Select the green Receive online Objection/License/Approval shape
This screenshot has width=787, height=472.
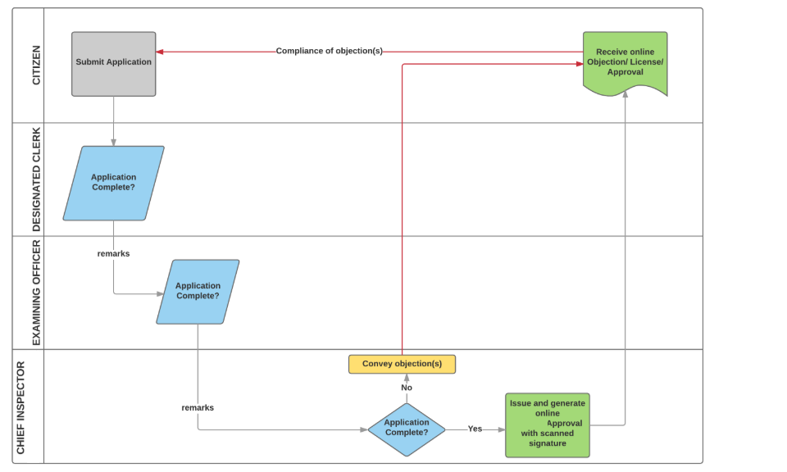pos(625,62)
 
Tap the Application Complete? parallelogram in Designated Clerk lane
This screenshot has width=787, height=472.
pos(113,183)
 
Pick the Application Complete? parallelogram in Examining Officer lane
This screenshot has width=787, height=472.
pos(198,291)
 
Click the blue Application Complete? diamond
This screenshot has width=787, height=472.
pos(407,429)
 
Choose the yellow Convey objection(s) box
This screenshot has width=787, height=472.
pos(402,364)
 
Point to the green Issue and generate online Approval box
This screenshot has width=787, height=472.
pos(547,424)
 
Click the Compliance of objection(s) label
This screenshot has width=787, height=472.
pos(329,51)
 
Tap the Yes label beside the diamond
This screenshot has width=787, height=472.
pos(475,429)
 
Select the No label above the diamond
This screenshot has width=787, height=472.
pos(407,388)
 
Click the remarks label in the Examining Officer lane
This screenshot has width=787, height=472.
pos(113,254)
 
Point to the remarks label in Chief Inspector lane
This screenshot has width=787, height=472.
pos(198,407)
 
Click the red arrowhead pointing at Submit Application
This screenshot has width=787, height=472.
pos(160,52)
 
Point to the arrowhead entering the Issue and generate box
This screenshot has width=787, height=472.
pos(502,429)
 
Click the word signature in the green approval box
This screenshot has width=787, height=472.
pos(547,443)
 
